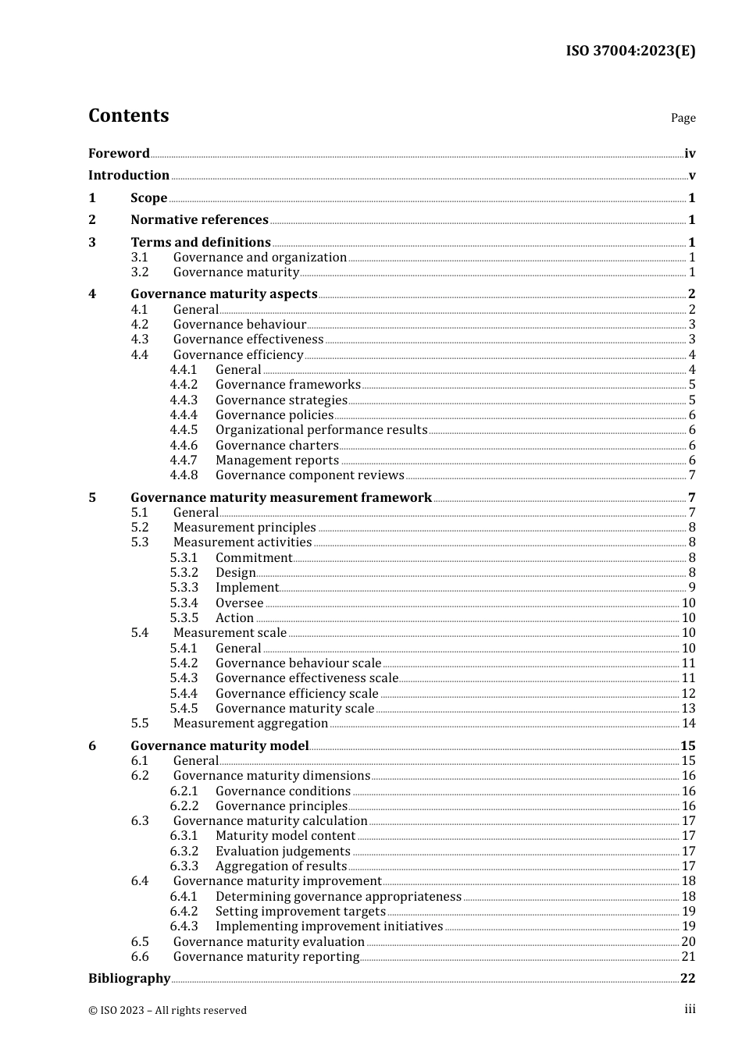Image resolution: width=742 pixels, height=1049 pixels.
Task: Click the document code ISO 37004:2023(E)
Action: point(630,51)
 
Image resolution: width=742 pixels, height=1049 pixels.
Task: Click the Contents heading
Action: point(128,116)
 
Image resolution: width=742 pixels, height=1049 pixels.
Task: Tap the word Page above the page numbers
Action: point(683,118)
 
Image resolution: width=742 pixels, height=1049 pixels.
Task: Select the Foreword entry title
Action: point(119,153)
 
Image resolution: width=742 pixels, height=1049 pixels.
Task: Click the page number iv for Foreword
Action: point(690,154)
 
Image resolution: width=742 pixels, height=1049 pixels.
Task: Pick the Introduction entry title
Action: point(129,175)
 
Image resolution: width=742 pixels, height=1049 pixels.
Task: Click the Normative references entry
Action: point(199,219)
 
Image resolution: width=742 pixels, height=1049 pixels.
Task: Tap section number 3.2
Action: point(140,272)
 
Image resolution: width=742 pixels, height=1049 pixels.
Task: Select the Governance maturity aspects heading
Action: point(224,293)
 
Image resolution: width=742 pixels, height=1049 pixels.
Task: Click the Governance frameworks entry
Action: point(287,384)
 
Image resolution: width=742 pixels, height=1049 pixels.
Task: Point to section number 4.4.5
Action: point(184,429)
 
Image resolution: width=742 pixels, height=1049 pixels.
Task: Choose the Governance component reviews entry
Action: point(309,475)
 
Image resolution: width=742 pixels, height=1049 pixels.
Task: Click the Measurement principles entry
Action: point(244,527)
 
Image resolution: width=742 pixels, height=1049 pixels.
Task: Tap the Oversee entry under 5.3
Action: point(239,603)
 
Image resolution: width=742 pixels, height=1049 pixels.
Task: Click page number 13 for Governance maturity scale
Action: point(688,708)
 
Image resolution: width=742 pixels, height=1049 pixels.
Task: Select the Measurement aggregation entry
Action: point(250,723)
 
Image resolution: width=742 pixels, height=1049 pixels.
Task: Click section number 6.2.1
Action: point(184,791)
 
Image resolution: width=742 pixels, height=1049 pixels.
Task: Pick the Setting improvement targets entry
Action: point(300,911)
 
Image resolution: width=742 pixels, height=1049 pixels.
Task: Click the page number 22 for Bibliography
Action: point(687,978)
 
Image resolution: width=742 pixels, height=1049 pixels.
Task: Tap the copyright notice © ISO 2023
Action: point(167,1010)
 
